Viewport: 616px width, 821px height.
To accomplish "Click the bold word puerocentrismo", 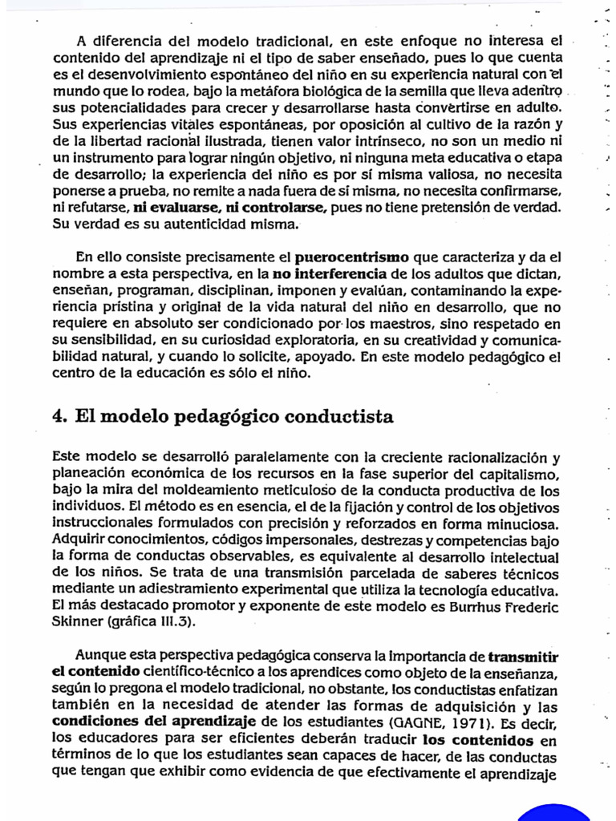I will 352,258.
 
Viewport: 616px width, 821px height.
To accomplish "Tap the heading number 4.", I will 59,416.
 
